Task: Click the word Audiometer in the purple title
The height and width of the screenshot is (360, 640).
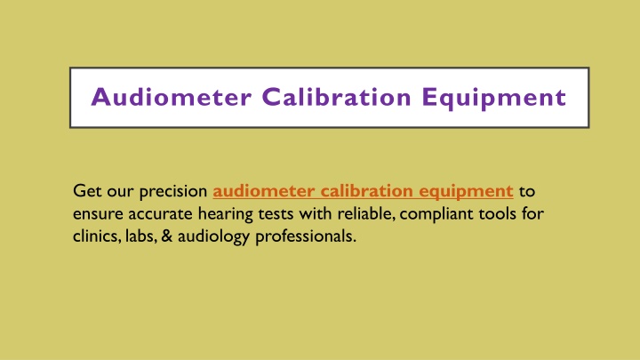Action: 171,97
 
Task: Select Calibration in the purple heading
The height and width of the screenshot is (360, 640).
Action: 336,97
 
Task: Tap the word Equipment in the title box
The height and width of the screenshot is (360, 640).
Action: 494,98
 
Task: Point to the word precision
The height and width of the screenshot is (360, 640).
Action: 173,192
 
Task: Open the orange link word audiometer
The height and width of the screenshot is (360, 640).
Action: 264,191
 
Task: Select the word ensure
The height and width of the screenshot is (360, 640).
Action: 98,215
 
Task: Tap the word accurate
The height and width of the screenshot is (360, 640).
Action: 160,215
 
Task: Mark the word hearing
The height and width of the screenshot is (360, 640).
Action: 225,215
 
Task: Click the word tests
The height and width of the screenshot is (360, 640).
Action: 276,215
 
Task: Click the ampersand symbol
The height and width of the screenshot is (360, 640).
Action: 167,236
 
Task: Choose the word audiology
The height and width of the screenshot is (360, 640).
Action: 213,237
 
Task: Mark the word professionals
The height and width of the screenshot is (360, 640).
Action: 306,237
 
